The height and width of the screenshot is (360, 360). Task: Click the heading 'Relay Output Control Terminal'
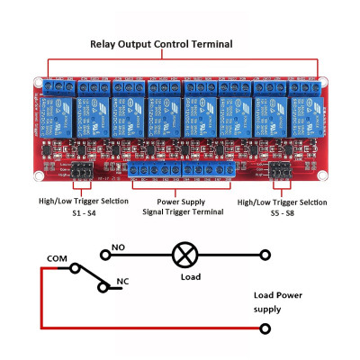coord(160,43)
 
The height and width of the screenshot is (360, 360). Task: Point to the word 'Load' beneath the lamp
coord(190,277)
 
